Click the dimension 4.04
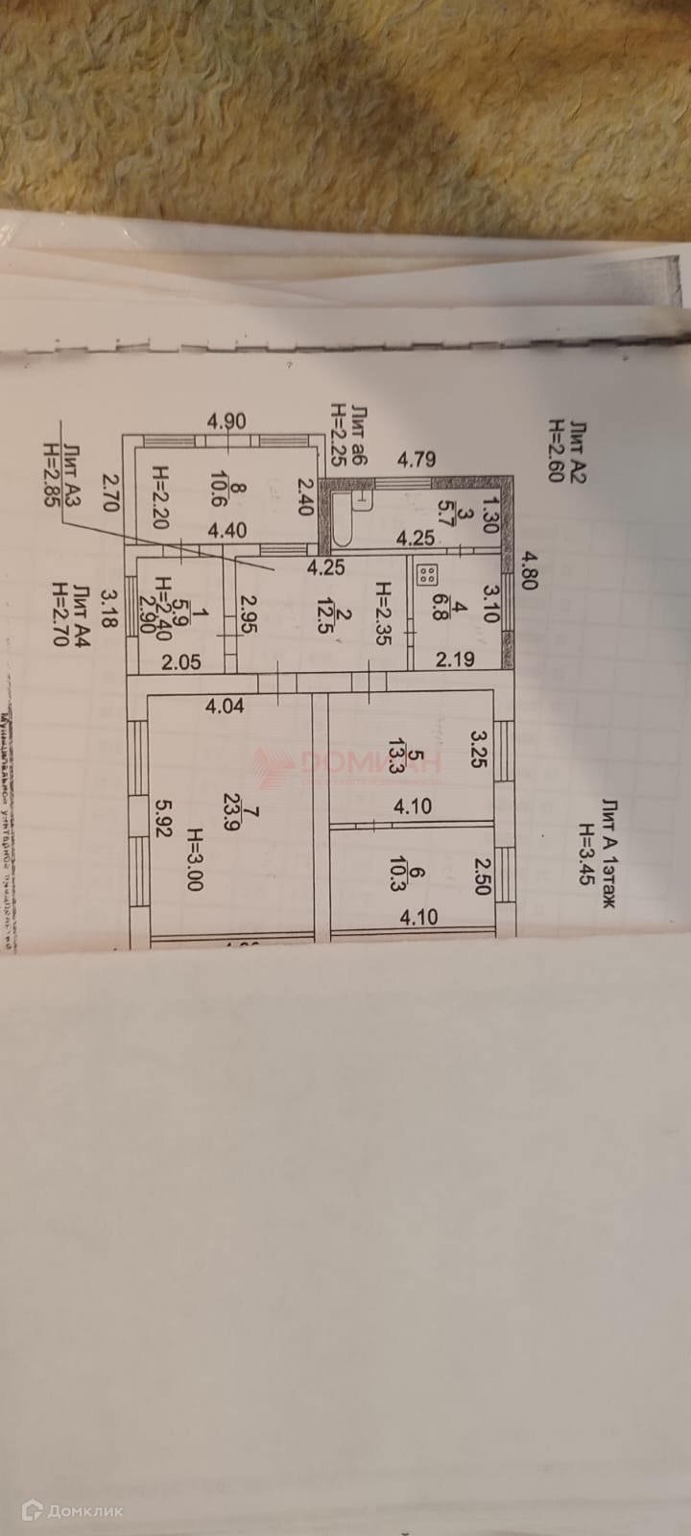pyautogui.click(x=225, y=706)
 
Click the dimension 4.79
pyautogui.click(x=417, y=459)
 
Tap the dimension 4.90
pyautogui.click(x=227, y=420)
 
